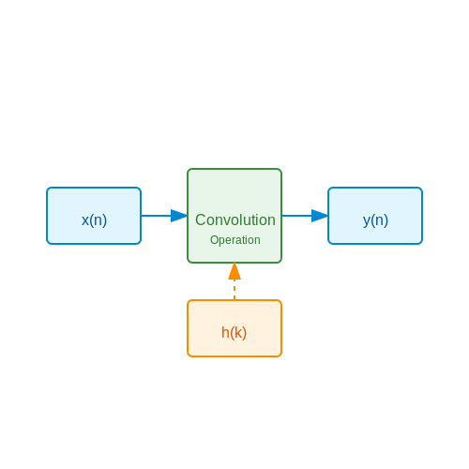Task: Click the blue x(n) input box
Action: coord(94,216)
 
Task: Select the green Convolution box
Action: coord(234,216)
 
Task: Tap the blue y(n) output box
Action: coord(375,216)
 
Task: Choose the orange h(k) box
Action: coord(234,328)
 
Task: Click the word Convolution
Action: coord(235,219)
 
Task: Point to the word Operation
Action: coord(235,240)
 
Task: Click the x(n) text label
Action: coord(94,220)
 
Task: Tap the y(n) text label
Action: coord(375,220)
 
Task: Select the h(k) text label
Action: coord(234,332)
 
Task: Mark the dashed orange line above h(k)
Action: coord(234,290)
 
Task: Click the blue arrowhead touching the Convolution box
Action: coord(179,216)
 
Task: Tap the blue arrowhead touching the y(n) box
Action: coord(320,216)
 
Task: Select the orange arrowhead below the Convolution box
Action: coord(234,271)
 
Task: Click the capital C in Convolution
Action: coord(201,219)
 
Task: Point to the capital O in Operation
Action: coord(214,240)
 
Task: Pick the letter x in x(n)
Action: coord(85,220)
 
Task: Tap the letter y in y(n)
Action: coord(367,221)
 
